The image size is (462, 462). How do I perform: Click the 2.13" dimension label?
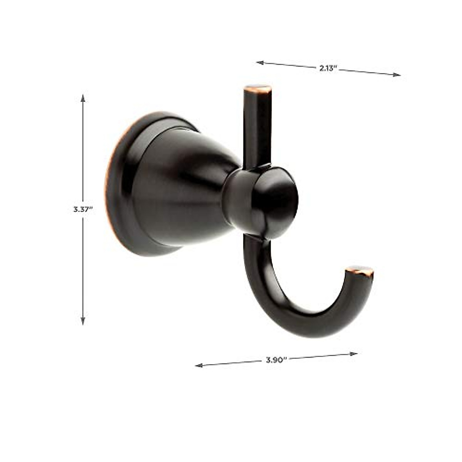point(328,68)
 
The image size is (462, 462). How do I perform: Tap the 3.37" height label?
point(83,210)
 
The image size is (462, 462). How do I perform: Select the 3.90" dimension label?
point(276,360)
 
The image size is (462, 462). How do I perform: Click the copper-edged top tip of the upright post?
point(258,89)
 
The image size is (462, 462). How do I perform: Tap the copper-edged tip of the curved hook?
point(360,270)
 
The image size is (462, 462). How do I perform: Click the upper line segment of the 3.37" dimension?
point(83,150)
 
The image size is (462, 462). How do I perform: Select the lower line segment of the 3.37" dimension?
point(83,269)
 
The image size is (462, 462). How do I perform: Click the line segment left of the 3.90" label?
point(231,363)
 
